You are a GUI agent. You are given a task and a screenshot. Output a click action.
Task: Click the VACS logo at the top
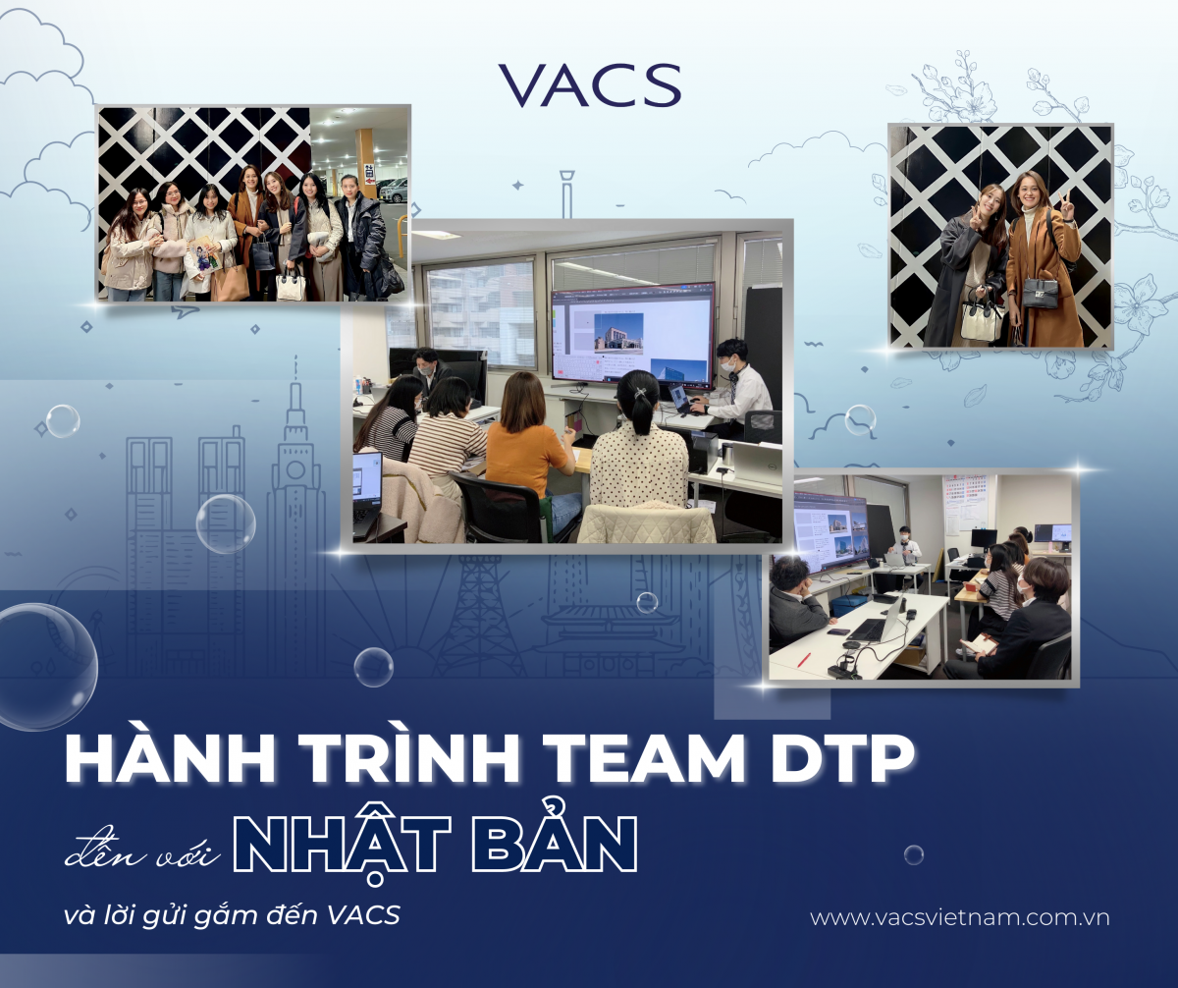(x=590, y=85)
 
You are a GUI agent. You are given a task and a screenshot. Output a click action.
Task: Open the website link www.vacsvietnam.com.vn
(x=960, y=918)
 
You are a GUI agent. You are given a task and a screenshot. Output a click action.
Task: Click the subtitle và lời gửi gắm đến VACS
(x=232, y=915)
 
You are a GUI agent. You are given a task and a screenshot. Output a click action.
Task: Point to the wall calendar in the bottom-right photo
(x=966, y=505)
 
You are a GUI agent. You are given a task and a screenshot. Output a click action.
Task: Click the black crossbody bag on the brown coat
(x=1040, y=293)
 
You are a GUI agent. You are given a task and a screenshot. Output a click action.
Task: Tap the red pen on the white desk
(x=803, y=659)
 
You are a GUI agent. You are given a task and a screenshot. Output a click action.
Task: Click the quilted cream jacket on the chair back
(x=645, y=524)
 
